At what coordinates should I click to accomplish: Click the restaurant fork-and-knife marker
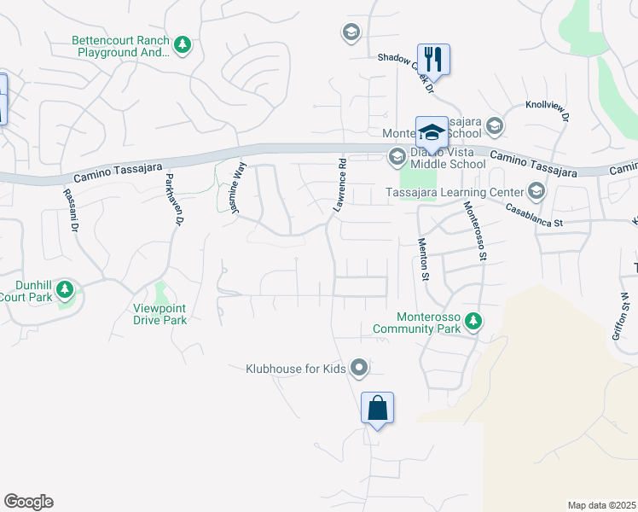pyautogui.click(x=433, y=59)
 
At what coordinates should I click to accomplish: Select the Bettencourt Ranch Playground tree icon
pyautogui.click(x=182, y=44)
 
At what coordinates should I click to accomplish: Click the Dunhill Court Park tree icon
pyautogui.click(x=65, y=291)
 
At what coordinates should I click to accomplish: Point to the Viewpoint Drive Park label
pyautogui.click(x=159, y=314)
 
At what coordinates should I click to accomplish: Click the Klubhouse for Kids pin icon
pyautogui.click(x=359, y=369)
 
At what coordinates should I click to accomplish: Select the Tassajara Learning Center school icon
pyautogui.click(x=536, y=190)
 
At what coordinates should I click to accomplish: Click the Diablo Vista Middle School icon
pyautogui.click(x=396, y=157)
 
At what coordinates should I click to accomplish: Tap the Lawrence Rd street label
pyautogui.click(x=340, y=184)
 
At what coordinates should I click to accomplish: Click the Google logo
pyautogui.click(x=28, y=502)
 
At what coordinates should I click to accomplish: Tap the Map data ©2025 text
pyautogui.click(x=601, y=505)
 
